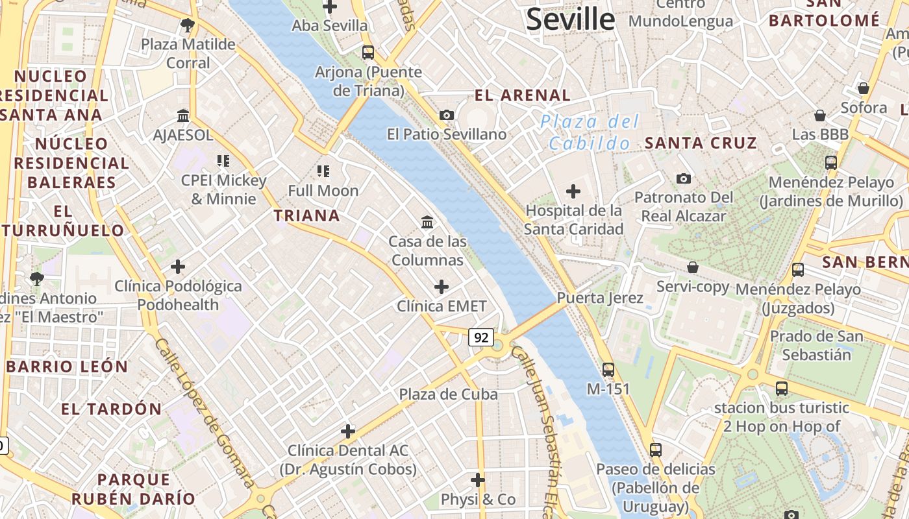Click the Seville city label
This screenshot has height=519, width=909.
tap(570, 19)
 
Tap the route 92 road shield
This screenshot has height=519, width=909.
tap(481, 337)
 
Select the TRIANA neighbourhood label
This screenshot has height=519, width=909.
tap(306, 216)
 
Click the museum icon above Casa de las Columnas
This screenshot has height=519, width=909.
tap(427, 223)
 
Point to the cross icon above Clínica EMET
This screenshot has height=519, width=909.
tap(442, 286)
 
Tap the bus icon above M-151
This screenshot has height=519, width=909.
tap(608, 370)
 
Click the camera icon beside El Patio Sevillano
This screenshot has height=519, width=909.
tap(447, 115)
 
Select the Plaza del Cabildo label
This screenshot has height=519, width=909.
tap(590, 132)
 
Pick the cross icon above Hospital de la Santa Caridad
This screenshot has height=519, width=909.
tap(573, 191)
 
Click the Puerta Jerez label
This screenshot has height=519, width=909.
tap(600, 298)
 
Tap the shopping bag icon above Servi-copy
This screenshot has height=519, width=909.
tap(693, 267)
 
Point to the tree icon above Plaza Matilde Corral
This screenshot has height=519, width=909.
tap(188, 26)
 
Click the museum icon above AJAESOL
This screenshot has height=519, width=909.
tap(183, 116)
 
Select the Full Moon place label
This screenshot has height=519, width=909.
tap(323, 191)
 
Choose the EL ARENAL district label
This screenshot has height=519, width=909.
tap(523, 95)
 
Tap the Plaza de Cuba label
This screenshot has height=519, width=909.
tap(448, 394)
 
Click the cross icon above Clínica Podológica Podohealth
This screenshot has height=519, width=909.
tap(177, 267)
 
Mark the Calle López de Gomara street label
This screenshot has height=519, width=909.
tap(204, 413)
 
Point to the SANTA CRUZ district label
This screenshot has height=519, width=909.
tap(701, 143)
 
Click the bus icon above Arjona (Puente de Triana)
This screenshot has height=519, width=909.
tap(368, 53)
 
